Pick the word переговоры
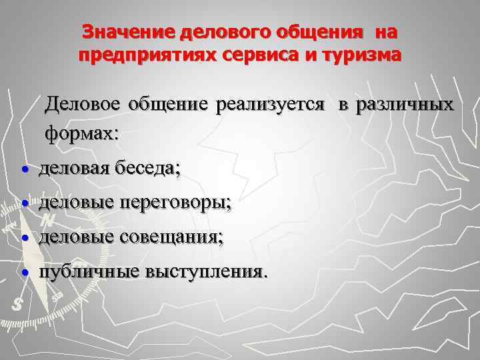[176, 203]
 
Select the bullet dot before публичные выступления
[25, 273]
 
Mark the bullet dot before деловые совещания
[25, 237]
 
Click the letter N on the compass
[47, 219]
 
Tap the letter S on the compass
[17, 303]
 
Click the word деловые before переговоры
[77, 203]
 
